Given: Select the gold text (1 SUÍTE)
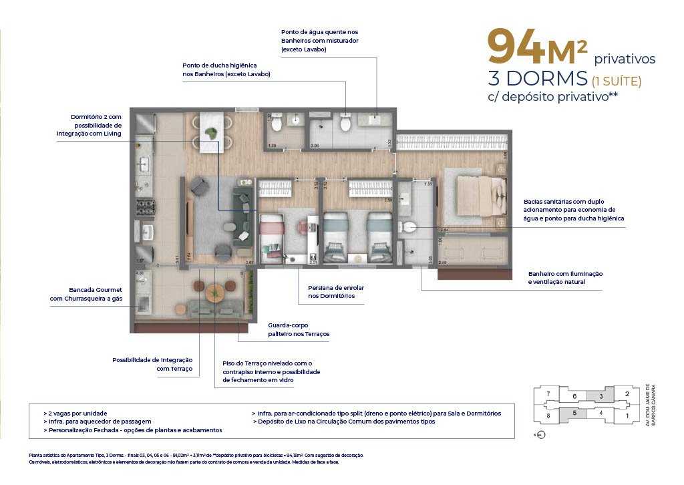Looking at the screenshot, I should [617, 82].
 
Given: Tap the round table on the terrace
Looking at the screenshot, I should [215, 292].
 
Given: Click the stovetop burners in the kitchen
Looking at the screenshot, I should [145, 206].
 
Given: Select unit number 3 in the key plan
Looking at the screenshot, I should [601, 396].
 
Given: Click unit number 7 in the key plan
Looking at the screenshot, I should [548, 393].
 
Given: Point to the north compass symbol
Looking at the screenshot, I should [540, 435].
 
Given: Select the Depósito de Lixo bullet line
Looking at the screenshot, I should [345, 422].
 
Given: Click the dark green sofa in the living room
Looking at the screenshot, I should [240, 207].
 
